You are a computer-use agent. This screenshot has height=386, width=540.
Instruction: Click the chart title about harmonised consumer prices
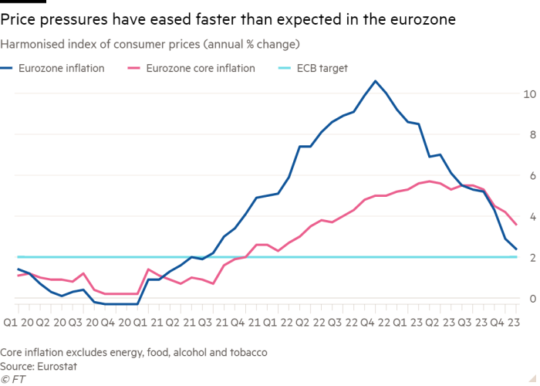(150, 43)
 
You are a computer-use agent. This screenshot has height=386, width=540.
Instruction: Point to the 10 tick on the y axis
(528, 94)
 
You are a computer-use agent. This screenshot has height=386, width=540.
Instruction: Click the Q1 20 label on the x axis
(17, 321)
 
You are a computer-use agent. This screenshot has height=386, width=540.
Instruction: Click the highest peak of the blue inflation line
(375, 80)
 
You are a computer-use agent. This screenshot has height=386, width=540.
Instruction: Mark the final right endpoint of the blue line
(516, 249)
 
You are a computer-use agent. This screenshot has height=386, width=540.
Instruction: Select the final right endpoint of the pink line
(516, 225)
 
